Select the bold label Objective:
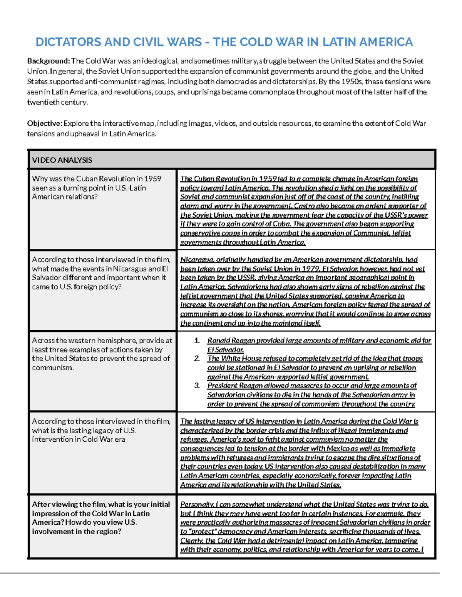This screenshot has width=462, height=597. (x=44, y=123)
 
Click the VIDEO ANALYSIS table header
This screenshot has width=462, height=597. (x=62, y=160)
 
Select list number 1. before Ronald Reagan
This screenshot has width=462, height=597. (x=197, y=341)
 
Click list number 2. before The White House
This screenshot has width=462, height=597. (x=197, y=359)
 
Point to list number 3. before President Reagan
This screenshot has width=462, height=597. (x=197, y=386)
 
